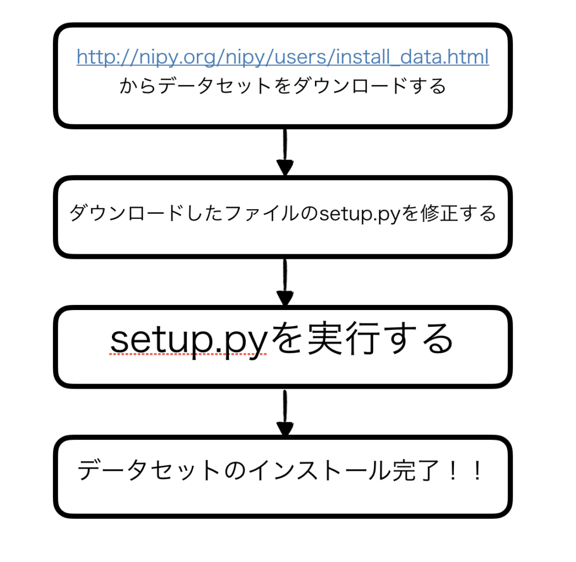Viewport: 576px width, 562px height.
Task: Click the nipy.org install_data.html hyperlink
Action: pos(282,57)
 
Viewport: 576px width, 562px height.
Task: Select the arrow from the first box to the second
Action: pos(285,152)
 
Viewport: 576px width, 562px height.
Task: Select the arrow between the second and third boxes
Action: pos(285,283)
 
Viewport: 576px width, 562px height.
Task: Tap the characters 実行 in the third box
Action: pos(340,339)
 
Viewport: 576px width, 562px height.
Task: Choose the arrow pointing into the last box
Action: pos(285,413)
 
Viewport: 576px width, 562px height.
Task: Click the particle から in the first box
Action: pos(138,86)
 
